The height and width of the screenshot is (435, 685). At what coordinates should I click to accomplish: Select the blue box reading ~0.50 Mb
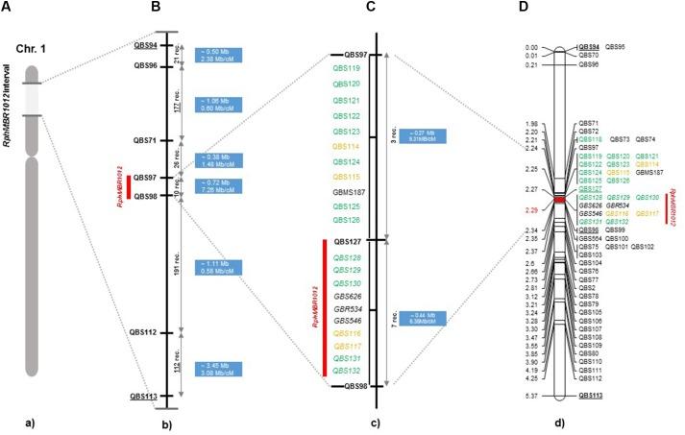coord(218,55)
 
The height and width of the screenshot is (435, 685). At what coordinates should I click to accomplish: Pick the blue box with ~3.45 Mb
coord(218,369)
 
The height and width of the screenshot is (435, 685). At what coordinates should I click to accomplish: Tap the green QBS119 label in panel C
coord(347,69)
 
